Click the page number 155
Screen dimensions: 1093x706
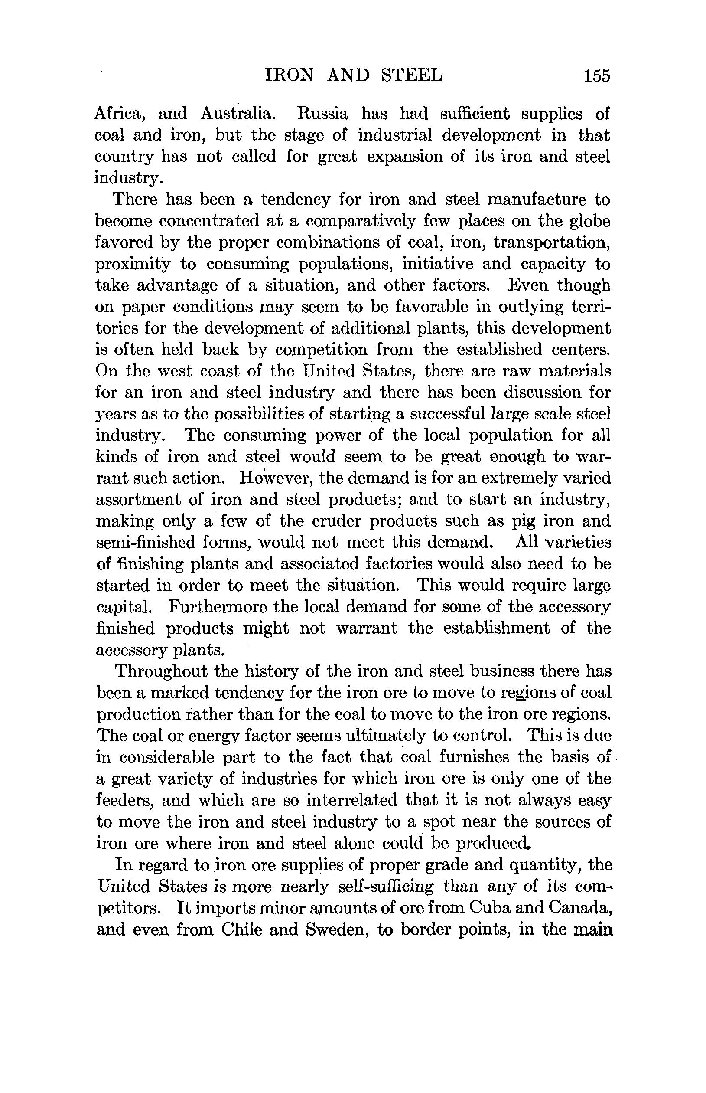(x=597, y=75)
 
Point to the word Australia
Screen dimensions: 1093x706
(x=238, y=114)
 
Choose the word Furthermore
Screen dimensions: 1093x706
(x=217, y=607)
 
